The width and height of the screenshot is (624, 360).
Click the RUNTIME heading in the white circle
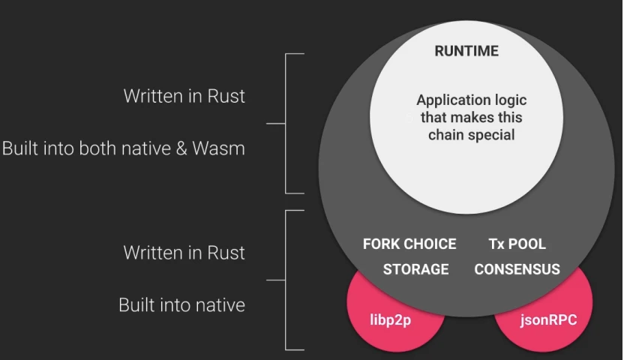[466, 51]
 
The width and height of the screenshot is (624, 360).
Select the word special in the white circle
[491, 135]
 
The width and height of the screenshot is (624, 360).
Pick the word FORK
[382, 244]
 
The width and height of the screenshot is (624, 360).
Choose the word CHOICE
[431, 244]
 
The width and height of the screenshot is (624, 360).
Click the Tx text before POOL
[497, 244]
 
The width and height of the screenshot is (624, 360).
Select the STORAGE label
[415, 269]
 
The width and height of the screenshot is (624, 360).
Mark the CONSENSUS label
[517, 269]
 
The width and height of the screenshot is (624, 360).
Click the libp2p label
[391, 319]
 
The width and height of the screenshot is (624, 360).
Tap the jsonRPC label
[548, 319]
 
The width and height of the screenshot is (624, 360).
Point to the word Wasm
[218, 148]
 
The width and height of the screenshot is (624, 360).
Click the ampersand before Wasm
[181, 148]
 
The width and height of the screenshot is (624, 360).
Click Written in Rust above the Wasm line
[184, 96]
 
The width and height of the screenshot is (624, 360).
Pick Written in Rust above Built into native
[184, 253]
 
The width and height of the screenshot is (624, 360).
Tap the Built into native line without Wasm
[181, 305]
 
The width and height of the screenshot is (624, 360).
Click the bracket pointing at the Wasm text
[285, 124]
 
